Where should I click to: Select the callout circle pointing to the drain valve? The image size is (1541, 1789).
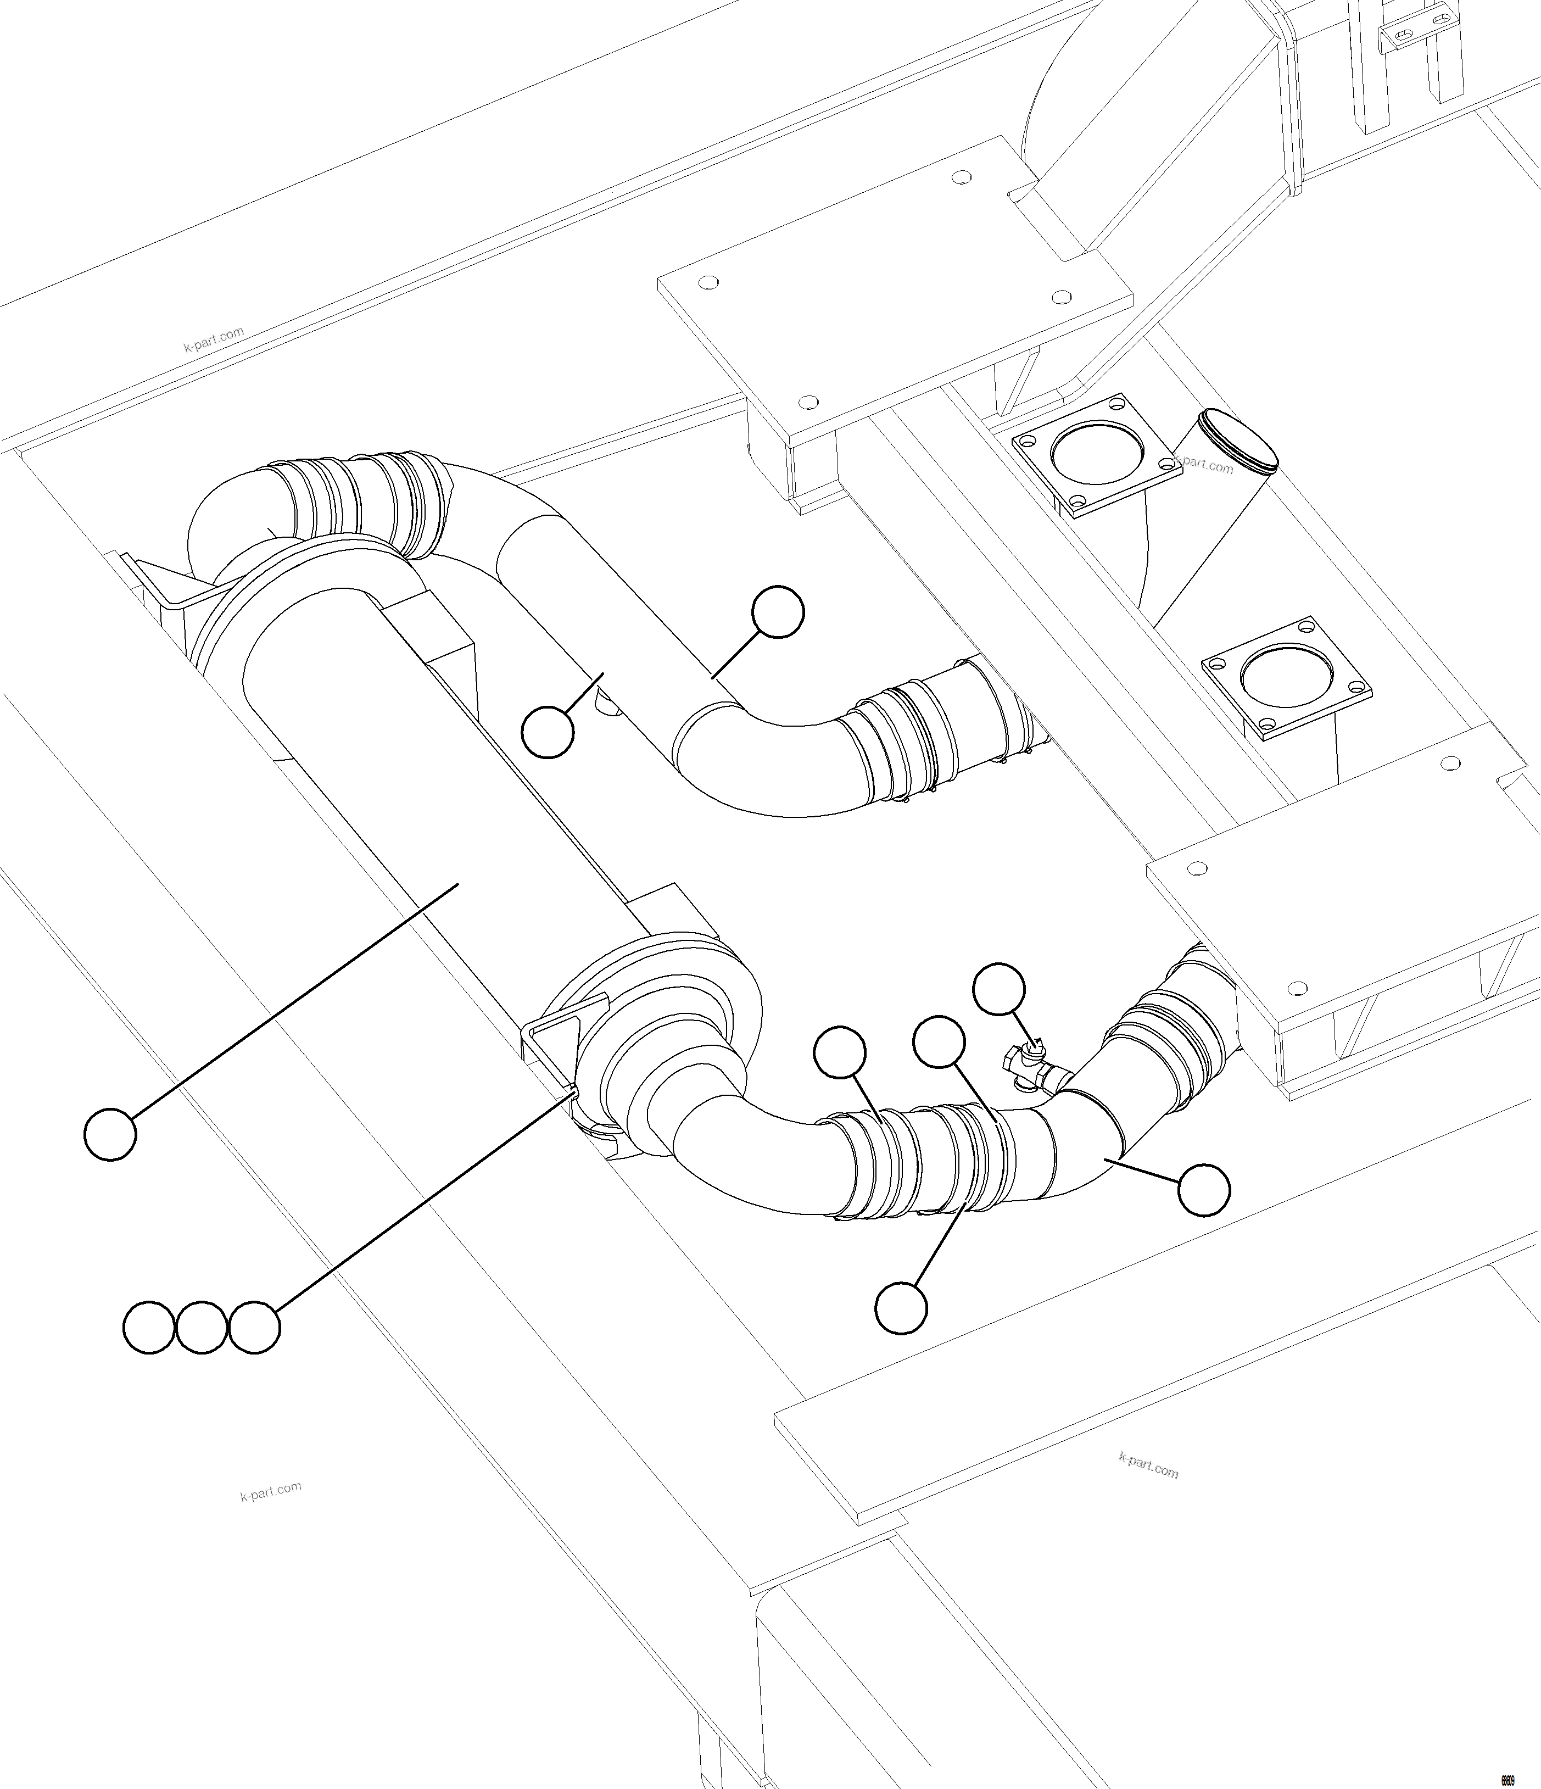click(999, 989)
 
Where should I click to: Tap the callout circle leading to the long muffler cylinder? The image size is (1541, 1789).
click(110, 1134)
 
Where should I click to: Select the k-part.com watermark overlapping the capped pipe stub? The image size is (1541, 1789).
click(1204, 465)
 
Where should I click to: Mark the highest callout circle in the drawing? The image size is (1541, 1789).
click(778, 612)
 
